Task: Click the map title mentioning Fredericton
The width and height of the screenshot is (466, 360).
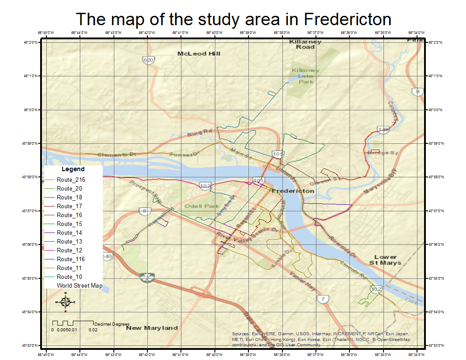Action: coord(233,19)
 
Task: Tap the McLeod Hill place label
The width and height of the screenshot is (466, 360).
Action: coord(199,54)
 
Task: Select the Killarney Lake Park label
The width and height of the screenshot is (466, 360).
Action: coord(305,76)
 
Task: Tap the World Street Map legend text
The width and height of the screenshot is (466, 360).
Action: coord(79,286)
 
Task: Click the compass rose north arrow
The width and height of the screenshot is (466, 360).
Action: coord(65,302)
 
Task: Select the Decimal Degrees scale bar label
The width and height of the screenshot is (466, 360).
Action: coord(112,324)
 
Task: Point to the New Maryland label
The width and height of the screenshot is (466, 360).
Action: coord(152,328)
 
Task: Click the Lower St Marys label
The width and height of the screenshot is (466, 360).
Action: coord(385,260)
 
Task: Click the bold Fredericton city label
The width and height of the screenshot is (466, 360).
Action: coord(293,191)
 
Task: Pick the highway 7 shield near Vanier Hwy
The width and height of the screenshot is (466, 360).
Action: coord(323,300)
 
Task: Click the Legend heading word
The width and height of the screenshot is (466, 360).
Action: coord(73,169)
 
